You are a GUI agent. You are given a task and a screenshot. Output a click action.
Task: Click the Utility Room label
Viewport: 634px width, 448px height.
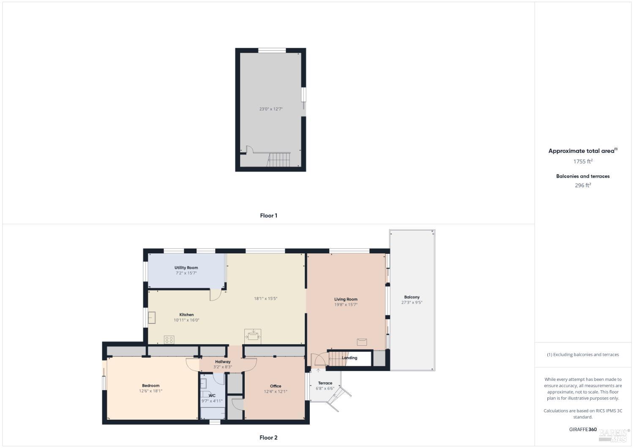click(186, 268)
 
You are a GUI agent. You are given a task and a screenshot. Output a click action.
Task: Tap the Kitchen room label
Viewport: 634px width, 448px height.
click(186, 315)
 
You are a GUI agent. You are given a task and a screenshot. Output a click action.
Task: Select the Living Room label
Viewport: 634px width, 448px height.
click(346, 299)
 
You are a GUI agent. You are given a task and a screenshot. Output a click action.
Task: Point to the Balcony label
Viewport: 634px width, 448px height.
click(412, 297)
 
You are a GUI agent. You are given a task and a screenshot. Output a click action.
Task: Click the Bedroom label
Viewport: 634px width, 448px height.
click(150, 386)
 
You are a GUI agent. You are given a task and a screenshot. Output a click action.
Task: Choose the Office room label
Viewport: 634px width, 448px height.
click(276, 386)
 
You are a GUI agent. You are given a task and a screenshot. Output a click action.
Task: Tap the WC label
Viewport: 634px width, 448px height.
click(212, 396)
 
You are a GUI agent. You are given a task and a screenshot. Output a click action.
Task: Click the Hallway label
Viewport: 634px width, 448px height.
click(223, 362)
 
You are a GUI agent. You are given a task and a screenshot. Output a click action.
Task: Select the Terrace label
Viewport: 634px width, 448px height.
click(325, 383)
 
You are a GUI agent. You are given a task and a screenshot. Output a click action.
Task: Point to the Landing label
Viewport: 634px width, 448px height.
click(350, 358)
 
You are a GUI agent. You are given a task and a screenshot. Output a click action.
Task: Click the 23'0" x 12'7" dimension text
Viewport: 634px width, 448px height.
click(271, 109)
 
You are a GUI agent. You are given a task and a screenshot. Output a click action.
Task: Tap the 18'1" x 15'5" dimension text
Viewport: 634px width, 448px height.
click(265, 299)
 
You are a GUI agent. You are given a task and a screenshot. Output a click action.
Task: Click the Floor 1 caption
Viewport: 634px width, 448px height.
click(268, 216)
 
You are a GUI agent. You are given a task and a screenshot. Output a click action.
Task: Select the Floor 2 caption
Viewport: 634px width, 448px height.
click(268, 438)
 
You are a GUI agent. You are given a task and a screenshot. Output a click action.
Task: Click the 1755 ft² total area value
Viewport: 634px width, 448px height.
click(583, 161)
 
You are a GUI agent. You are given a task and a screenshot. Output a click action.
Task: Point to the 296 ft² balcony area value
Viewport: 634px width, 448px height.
click(583, 185)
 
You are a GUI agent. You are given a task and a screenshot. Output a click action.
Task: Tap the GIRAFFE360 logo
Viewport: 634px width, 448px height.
click(583, 429)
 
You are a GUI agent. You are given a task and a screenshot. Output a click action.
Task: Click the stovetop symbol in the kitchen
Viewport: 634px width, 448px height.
click(169, 339)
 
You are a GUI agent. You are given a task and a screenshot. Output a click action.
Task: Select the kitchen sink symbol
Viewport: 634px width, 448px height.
click(151, 318)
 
